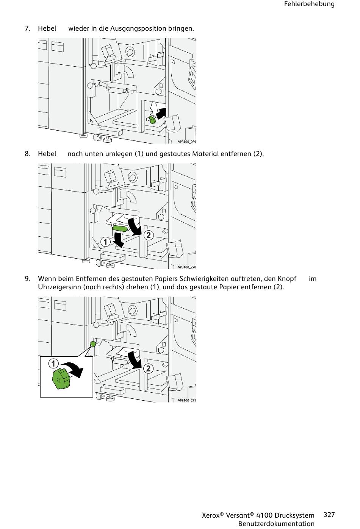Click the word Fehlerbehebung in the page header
click(309, 4)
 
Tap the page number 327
click(329, 514)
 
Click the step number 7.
click(27, 28)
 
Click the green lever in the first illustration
click(151, 120)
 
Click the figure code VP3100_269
click(187, 142)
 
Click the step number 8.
click(27, 154)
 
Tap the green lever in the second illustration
click(120, 228)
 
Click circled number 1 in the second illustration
click(105, 242)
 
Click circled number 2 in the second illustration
click(148, 235)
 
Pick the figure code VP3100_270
click(187, 267)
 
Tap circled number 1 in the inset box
click(53, 363)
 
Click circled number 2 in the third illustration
click(148, 368)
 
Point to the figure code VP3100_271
click(187, 400)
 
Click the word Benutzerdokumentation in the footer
click(276, 524)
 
